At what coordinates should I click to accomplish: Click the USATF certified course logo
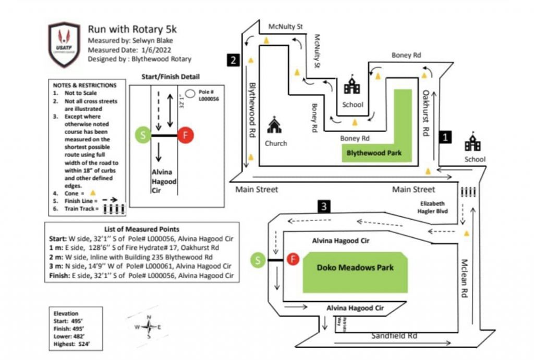point(64,45)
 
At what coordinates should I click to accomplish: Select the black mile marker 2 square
point(233,60)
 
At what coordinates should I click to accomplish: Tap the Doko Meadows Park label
point(355,268)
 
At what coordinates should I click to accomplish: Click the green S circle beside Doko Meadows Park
point(257,258)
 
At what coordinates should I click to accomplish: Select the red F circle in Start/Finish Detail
point(185,135)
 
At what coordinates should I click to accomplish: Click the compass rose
point(149,327)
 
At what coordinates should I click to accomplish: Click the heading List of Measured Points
point(142,229)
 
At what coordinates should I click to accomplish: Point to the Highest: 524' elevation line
point(71,344)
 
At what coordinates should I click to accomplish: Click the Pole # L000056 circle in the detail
point(191,93)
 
